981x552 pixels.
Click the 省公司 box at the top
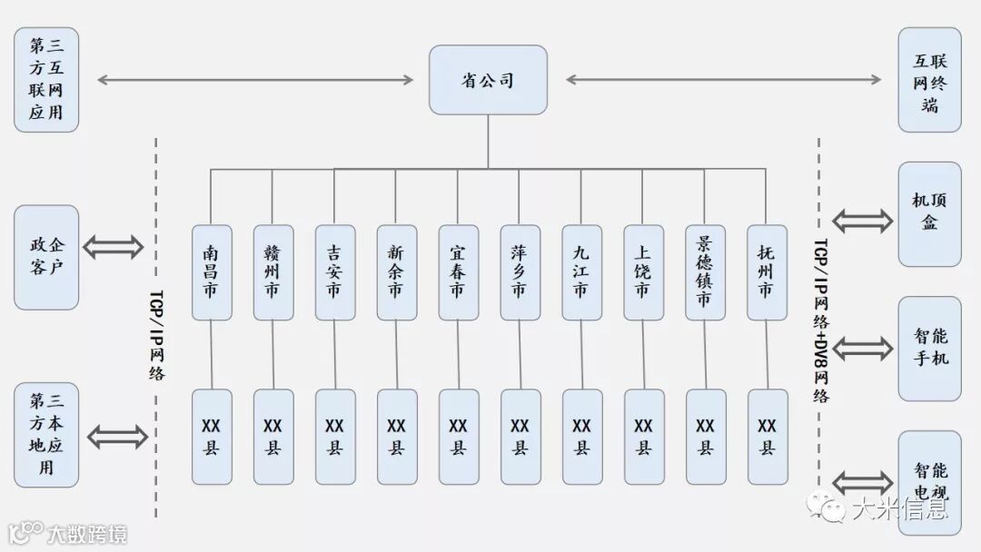pos(488,80)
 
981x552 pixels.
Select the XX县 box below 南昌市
pos(212,437)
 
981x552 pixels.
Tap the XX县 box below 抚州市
pos(767,437)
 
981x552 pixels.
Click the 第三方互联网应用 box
pos(46,79)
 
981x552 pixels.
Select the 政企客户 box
pos(46,257)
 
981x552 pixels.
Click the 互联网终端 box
pos(929,79)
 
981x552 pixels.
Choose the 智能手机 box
pos(929,348)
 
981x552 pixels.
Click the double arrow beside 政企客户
pos(114,246)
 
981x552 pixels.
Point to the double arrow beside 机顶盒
pos(862,220)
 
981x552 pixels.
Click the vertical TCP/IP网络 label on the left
pos(156,335)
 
